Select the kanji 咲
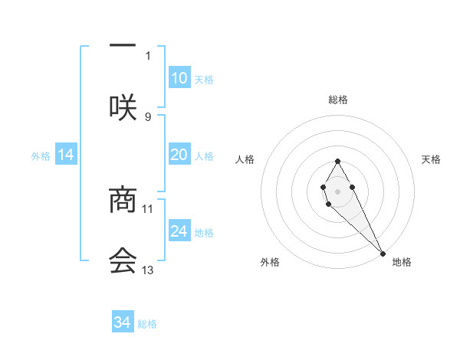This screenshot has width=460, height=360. pos(123,106)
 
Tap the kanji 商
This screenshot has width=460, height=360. pos(123,199)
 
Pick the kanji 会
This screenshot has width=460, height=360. pos(123,260)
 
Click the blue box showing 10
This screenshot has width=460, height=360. pos(179,78)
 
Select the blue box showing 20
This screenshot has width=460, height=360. pos(179,155)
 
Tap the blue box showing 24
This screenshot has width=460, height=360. pos(179,231)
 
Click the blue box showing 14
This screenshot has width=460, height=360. pos(66,155)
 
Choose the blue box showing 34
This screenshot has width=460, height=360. pos(123,322)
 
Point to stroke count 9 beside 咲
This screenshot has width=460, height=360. pos(148,116)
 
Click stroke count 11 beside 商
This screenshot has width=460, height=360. pos(148,208)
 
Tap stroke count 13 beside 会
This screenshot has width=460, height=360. pos(148,270)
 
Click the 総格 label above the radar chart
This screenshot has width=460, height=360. pos(338,100)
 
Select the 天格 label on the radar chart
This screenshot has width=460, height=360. pos(431,159)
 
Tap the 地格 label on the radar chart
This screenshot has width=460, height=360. pos(402,262)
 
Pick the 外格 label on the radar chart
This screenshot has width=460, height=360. pos(270,262)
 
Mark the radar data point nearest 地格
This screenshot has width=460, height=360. pos(383,253)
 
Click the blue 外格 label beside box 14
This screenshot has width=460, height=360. pos(41,155)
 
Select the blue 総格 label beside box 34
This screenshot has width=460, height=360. pos(147,324)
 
